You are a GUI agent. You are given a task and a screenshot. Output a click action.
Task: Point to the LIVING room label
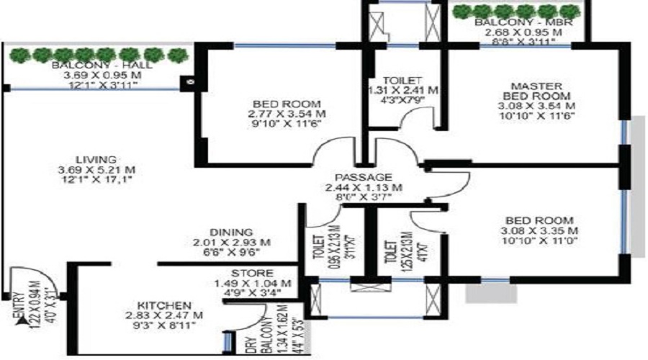click(x=99, y=159)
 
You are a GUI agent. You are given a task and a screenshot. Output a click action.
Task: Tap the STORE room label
click(x=252, y=274)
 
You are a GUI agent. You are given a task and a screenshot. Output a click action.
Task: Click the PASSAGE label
click(x=364, y=177)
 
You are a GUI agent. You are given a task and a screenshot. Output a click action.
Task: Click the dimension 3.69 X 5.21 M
click(x=99, y=170)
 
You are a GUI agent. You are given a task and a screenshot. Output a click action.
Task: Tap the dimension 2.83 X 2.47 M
click(x=163, y=315)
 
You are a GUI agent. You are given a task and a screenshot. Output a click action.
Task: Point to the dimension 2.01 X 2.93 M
click(x=231, y=242)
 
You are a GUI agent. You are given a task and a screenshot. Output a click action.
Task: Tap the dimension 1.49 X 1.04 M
click(x=253, y=283)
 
